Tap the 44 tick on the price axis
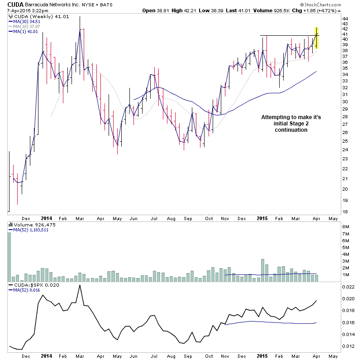pos(345,18)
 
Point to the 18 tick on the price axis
pos(345,211)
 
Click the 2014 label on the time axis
pos(46,217)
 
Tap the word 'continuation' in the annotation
pos(291,130)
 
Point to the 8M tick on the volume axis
pos(346,227)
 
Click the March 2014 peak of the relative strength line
pos(80,285)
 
